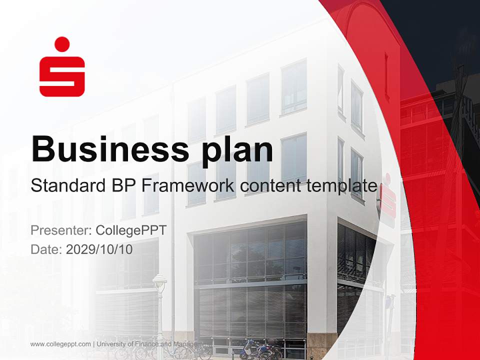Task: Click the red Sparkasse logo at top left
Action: pos(62,67)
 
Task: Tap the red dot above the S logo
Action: pos(62,43)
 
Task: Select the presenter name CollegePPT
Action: pos(130,230)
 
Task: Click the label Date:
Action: pos(46,249)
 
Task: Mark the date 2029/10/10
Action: pos(99,249)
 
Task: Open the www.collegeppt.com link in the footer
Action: pos(60,344)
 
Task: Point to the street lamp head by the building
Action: pos(159,283)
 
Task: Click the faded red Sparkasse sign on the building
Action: pos(387,196)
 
